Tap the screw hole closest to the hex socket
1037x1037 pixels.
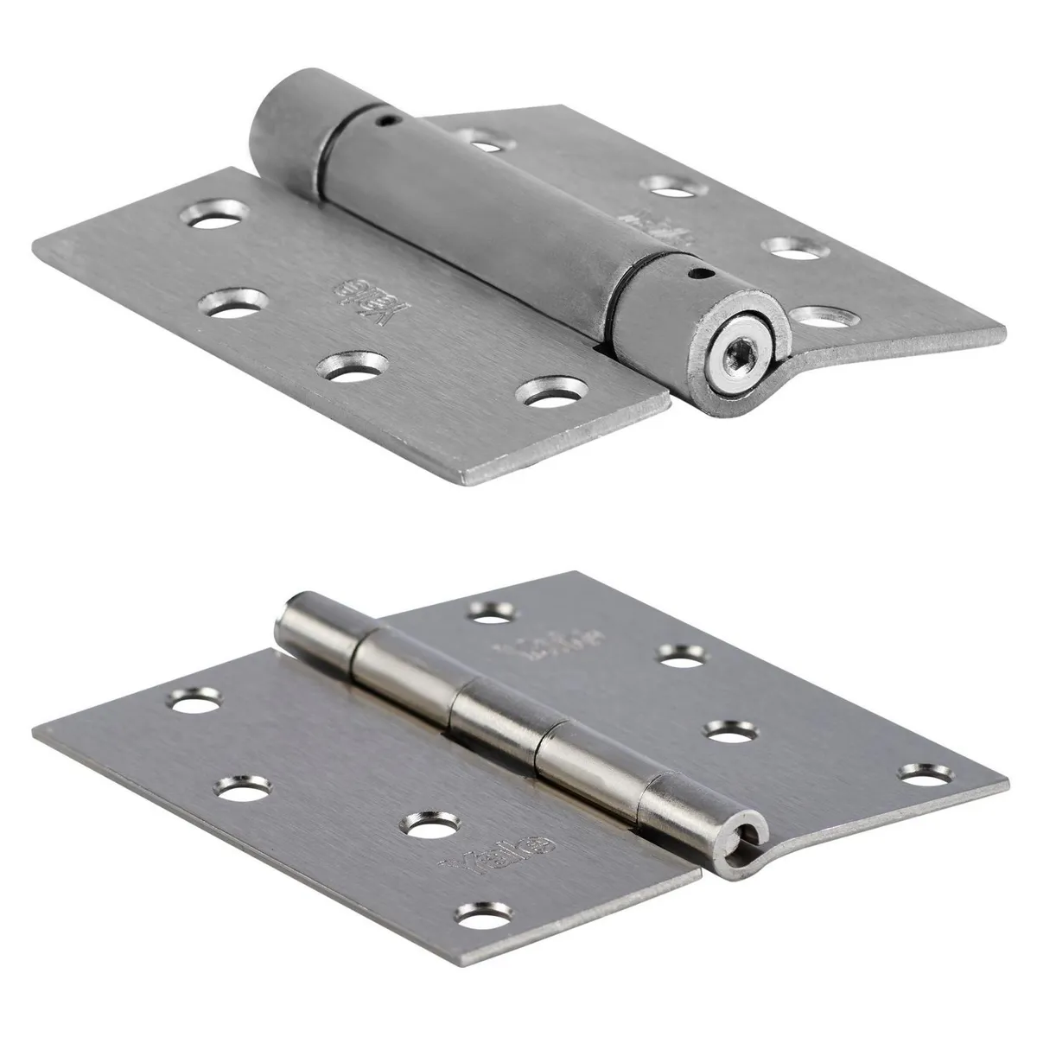click(x=824, y=318)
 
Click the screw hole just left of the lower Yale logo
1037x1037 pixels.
click(x=429, y=828)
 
